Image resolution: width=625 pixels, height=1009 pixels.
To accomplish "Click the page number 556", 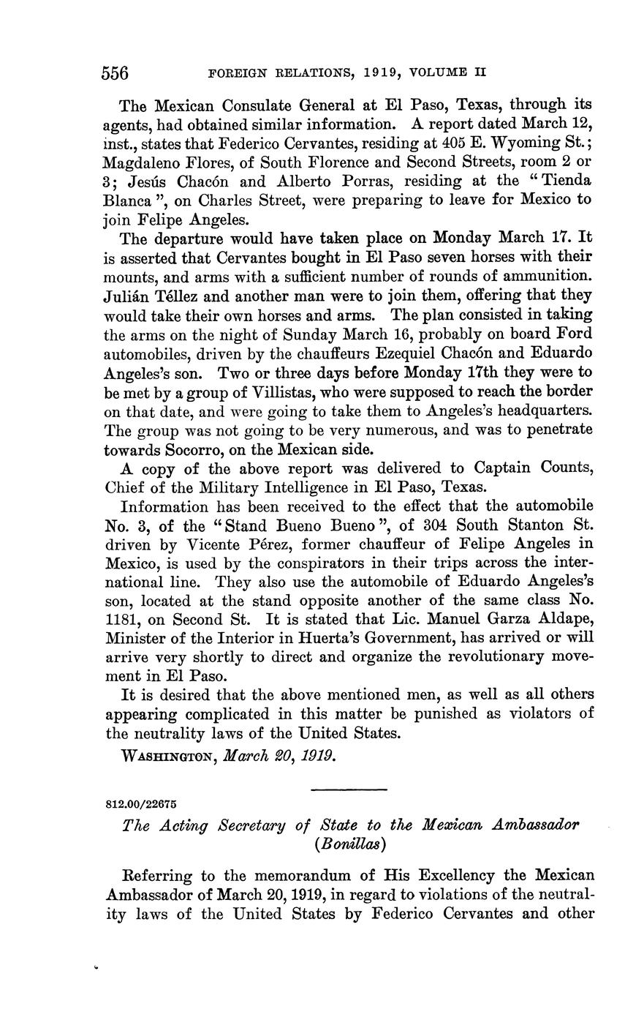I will (x=115, y=73).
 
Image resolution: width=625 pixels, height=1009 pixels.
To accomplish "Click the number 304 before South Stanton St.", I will (x=396, y=525).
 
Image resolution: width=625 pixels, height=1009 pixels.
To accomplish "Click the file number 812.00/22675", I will (x=142, y=803).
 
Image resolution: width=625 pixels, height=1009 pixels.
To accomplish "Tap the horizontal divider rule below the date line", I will (x=349, y=789).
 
